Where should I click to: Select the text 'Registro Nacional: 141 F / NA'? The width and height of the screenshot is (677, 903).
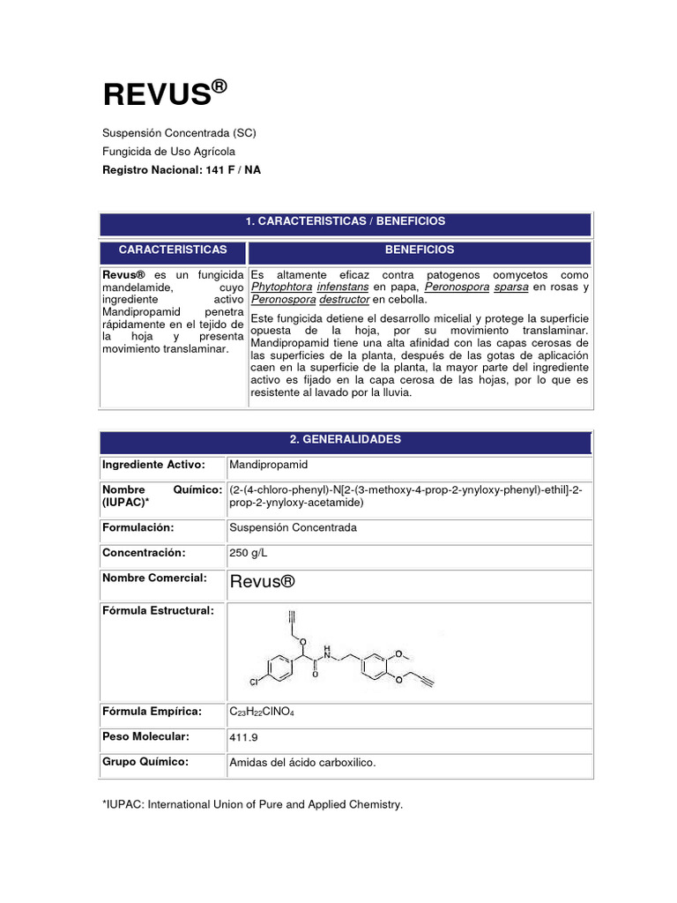(182, 169)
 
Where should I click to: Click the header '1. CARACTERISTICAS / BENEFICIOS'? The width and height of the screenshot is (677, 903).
(346, 221)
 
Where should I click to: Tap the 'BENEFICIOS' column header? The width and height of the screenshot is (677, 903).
(420, 250)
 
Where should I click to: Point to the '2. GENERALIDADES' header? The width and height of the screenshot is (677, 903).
(346, 439)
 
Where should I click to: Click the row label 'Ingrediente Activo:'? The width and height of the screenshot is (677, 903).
(153, 465)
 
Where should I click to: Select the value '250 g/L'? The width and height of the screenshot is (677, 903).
(250, 553)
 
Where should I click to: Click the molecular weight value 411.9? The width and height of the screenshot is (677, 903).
(243, 737)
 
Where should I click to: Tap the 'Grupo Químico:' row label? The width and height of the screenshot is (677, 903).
(145, 762)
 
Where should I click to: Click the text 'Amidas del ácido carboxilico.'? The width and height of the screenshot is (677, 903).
(302, 763)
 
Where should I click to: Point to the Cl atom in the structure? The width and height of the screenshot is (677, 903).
(254, 682)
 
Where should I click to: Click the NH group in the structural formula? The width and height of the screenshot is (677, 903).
(327, 652)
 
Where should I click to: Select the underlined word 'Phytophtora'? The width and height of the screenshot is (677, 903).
(281, 287)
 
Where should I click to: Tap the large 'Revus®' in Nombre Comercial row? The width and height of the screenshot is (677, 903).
(261, 581)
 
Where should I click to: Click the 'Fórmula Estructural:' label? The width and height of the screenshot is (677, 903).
(158, 611)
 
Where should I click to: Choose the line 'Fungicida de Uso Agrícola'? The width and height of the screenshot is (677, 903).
(169, 152)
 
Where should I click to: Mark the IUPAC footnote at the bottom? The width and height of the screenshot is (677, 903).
(253, 804)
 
